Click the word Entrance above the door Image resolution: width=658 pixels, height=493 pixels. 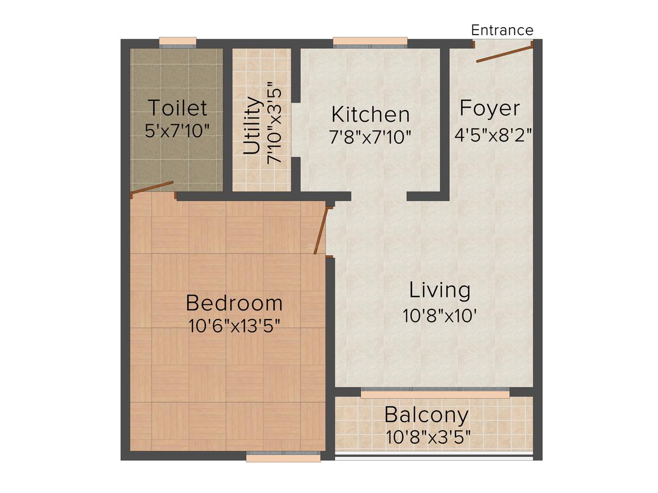502,30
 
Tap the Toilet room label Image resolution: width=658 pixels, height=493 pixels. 177,107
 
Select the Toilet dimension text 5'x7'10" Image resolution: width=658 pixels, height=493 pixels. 177,130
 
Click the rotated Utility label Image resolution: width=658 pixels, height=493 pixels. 252,126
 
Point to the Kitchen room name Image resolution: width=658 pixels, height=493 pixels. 370,114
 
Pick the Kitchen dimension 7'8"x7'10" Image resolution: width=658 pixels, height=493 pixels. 370,137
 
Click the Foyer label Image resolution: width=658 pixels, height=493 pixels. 489,108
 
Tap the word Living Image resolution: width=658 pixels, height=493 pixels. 440,290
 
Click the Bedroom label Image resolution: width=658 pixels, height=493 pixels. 234,303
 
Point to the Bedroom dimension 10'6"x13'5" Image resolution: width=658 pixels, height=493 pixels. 234,326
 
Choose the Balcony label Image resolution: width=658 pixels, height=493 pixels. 426,415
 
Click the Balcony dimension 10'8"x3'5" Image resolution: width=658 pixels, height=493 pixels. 428,437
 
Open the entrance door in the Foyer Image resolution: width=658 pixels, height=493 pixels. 504,52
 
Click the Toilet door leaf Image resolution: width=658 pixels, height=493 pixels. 152,188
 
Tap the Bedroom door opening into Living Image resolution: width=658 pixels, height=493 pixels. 321,231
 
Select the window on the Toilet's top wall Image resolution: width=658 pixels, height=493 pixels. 178,41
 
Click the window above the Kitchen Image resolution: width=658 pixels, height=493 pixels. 370,41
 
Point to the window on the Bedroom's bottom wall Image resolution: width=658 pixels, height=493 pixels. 283,456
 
